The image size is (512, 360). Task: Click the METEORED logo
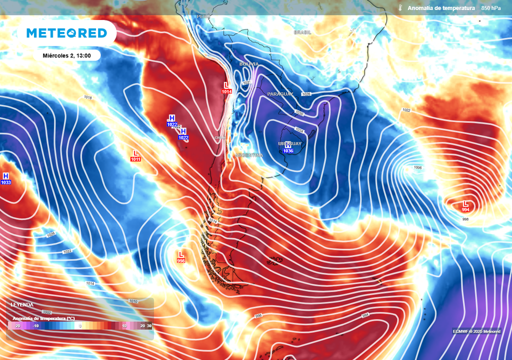pos(66,33)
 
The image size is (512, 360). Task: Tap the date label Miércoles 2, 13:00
pos(66,55)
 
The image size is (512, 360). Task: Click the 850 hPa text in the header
pos(491,8)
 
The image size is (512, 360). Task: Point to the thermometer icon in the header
pos(400,8)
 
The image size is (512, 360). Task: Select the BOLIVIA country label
pos(249,64)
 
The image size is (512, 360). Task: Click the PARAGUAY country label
pos(280,94)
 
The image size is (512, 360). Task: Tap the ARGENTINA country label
pos(249,155)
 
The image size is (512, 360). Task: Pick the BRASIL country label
pos(302,32)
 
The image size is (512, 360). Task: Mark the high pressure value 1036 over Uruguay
pos(288,151)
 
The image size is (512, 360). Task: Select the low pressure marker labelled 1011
pos(135,155)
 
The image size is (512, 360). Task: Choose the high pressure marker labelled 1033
pos(6,179)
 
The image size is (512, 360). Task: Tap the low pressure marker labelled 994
pos(465,206)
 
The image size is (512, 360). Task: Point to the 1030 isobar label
pos(299,113)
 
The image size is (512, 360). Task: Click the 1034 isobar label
pos(299,130)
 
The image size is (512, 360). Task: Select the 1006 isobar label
pos(418,168)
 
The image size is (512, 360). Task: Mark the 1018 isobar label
pos(88,97)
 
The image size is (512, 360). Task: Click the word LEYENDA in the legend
pos(22,304)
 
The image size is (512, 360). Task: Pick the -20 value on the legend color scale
pos(17,325)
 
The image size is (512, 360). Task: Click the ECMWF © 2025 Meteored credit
pos(476,331)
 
